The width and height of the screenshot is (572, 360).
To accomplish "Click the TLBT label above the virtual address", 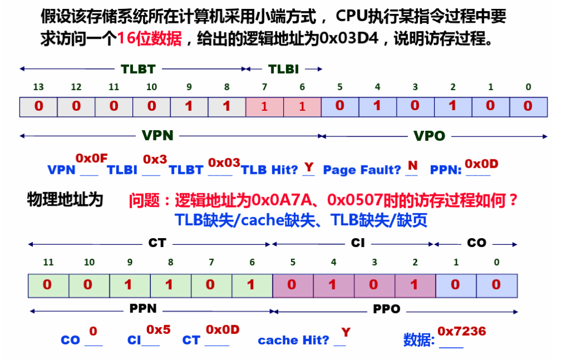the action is click(139, 69).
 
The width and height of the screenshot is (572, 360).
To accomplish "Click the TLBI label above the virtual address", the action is click(283, 69).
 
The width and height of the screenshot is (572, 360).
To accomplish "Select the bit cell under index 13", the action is click(39, 107).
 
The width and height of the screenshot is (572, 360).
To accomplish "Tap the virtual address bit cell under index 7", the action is click(265, 107).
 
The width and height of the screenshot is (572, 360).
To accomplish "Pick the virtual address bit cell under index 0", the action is click(528, 107).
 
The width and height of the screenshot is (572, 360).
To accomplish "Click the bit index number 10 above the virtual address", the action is click(151, 87).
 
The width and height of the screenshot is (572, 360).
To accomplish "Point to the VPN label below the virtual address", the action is click(158, 136).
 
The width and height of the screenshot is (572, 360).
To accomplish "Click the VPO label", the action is click(430, 136).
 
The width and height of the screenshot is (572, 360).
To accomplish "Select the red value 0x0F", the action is click(92, 158).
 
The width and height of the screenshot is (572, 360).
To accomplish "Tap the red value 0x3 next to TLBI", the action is click(155, 159).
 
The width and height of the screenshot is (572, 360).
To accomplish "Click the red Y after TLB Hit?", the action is click(309, 167).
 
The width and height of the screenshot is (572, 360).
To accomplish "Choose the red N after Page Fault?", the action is click(413, 165).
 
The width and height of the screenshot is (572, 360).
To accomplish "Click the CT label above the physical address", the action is click(157, 243).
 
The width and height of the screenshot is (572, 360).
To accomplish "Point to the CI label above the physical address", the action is click(358, 243).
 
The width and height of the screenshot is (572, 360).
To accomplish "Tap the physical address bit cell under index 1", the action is click(456, 286).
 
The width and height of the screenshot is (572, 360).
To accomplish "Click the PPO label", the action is click(387, 309).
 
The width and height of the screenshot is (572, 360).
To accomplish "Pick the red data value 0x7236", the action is click(462, 331).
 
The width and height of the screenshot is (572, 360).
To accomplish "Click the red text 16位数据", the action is click(149, 39).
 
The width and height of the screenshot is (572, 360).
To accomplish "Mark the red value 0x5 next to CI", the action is click(158, 330).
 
